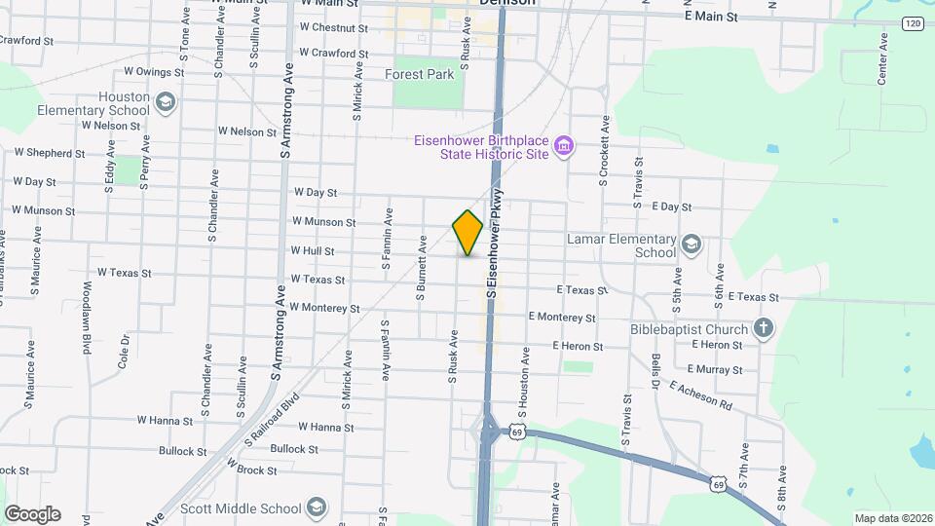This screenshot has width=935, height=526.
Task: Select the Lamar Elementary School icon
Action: pyautogui.click(x=692, y=243)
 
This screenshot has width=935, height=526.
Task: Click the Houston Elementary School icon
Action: pyautogui.click(x=166, y=101)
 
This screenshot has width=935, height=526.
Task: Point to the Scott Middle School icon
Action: pyautogui.click(x=316, y=507)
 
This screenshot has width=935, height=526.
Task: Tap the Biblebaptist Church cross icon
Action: pyautogui.click(x=764, y=329)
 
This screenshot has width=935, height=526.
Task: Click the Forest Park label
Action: pyautogui.click(x=420, y=74)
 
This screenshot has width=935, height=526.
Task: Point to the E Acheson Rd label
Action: pyautogui.click(x=700, y=394)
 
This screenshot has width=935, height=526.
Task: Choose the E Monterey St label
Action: pyautogui.click(x=562, y=317)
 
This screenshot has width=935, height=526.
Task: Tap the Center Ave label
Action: pyautogui.click(x=883, y=58)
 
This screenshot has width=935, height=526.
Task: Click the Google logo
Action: pyautogui.click(x=32, y=513)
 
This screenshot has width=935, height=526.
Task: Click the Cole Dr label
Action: pyautogui.click(x=125, y=352)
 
